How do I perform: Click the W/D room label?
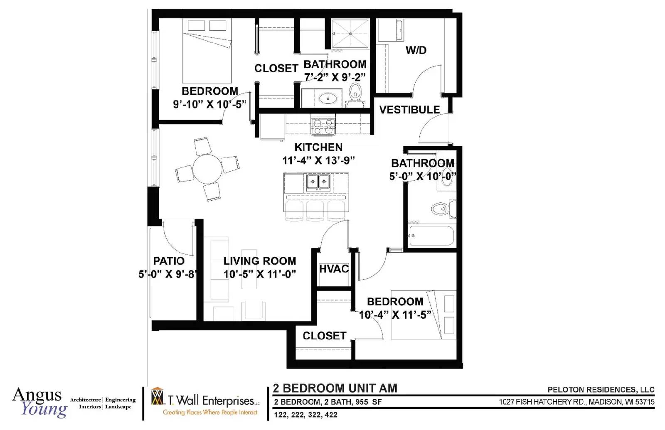(x=416, y=50)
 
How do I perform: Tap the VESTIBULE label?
(x=409, y=110)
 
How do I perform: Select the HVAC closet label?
(x=334, y=268)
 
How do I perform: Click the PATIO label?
(x=169, y=261)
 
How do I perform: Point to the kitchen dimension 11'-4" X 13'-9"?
(x=318, y=160)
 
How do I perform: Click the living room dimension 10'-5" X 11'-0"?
(x=260, y=274)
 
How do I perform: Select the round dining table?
(x=207, y=169)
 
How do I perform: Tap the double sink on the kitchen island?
(x=318, y=181)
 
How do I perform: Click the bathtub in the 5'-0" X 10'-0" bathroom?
(x=432, y=236)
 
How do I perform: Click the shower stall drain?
(x=350, y=34)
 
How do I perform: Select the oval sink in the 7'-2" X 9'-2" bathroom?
(x=328, y=98)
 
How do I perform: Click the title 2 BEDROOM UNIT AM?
(x=335, y=388)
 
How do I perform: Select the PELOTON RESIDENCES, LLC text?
(x=601, y=390)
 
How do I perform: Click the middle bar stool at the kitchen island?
(x=315, y=211)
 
